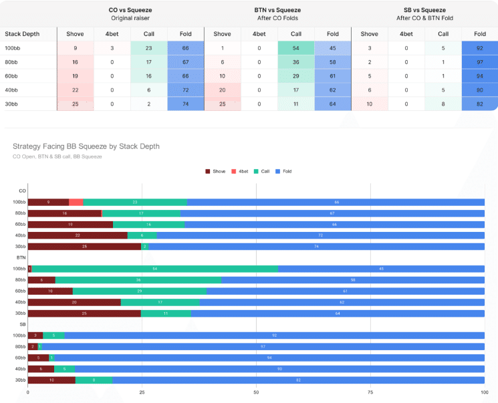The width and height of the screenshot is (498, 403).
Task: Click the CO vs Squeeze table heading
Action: pyautogui.click(x=131, y=10)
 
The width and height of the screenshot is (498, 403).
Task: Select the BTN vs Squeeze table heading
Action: pyautogui.click(x=278, y=10)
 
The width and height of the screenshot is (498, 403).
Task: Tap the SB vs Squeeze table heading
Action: pyautogui.click(x=424, y=10)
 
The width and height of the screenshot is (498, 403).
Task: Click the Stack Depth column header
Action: pyautogui.click(x=21, y=33)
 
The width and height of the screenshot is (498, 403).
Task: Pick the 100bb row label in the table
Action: pyautogui.click(x=13, y=48)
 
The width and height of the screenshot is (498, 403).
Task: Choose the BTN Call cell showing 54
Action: pyautogui.click(x=296, y=48)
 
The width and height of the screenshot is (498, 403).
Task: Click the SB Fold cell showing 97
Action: pyautogui.click(x=479, y=62)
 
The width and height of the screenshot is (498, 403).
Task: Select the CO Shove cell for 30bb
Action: pyautogui.click(x=76, y=104)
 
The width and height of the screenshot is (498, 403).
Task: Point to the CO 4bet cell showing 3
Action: pyautogui.click(x=112, y=48)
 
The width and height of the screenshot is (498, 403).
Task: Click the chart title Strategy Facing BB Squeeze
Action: pyautogui.click(x=86, y=146)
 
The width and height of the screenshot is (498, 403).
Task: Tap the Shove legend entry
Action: pyautogui.click(x=216, y=172)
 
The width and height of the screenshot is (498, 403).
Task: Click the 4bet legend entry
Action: pyautogui.click(x=242, y=172)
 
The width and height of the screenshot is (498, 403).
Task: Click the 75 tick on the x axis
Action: pyautogui.click(x=370, y=392)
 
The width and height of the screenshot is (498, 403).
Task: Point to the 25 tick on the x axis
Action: pyautogui.click(x=142, y=392)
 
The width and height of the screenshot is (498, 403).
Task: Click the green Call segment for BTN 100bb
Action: pyautogui.click(x=155, y=269)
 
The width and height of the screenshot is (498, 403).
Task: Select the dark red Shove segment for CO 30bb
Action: pyautogui.click(x=84, y=246)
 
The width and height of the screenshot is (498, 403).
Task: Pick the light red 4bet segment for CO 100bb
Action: pyautogui.click(x=76, y=202)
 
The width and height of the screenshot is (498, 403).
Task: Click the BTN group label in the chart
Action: pyautogui.click(x=21, y=257)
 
